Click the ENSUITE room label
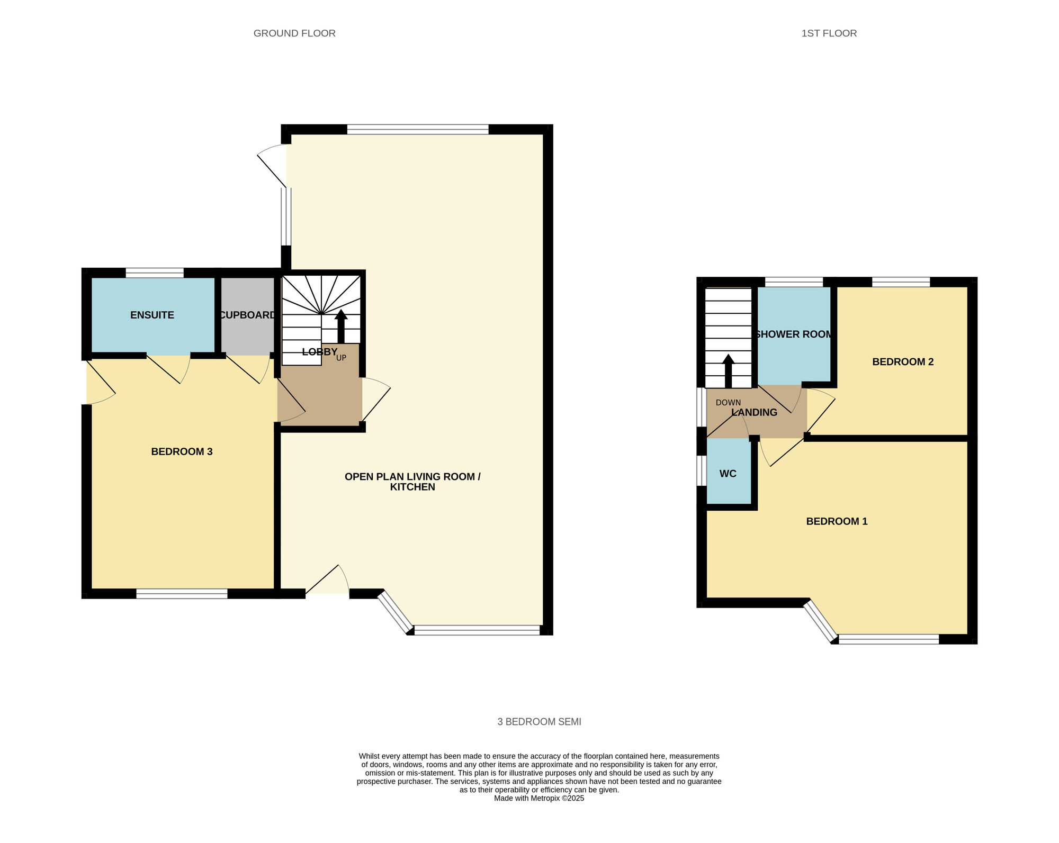[x=152, y=315]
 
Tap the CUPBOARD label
[x=248, y=315]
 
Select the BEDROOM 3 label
[x=182, y=451]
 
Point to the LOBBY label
[x=320, y=352]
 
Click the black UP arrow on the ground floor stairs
[x=341, y=326]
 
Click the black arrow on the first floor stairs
[x=729, y=371]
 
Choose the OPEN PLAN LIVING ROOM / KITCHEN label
[x=412, y=482]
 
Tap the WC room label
[x=728, y=474]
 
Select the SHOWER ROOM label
[x=794, y=334]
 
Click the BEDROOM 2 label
[x=903, y=362]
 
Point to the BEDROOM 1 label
[x=837, y=521]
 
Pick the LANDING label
[x=755, y=412]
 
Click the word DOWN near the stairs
[x=728, y=403]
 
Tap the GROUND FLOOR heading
[x=294, y=33]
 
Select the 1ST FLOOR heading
[x=829, y=33]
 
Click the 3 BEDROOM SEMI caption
[x=539, y=722]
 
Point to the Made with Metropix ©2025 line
[x=539, y=798]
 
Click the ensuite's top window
[x=155, y=273]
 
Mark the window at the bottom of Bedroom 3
[x=182, y=594]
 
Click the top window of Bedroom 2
[x=901, y=282]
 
